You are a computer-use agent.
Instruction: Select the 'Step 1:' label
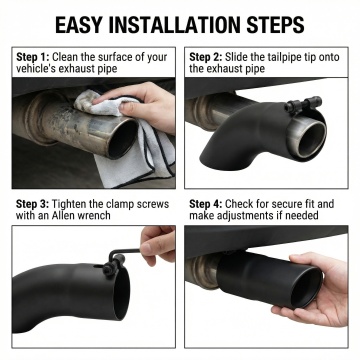[x=33, y=57]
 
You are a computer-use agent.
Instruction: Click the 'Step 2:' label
[x=206, y=57]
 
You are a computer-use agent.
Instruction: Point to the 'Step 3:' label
[x=33, y=204]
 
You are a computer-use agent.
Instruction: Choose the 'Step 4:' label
[x=206, y=204]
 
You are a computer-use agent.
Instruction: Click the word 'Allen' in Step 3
[x=64, y=215]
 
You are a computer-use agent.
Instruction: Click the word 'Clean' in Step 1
[x=65, y=57]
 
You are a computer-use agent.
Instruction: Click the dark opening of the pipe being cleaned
[x=123, y=139]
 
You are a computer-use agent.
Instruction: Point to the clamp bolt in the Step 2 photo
[x=303, y=104]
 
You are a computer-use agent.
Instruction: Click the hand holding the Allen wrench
[x=157, y=243]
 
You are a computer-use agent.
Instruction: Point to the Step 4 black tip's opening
[x=306, y=288]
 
